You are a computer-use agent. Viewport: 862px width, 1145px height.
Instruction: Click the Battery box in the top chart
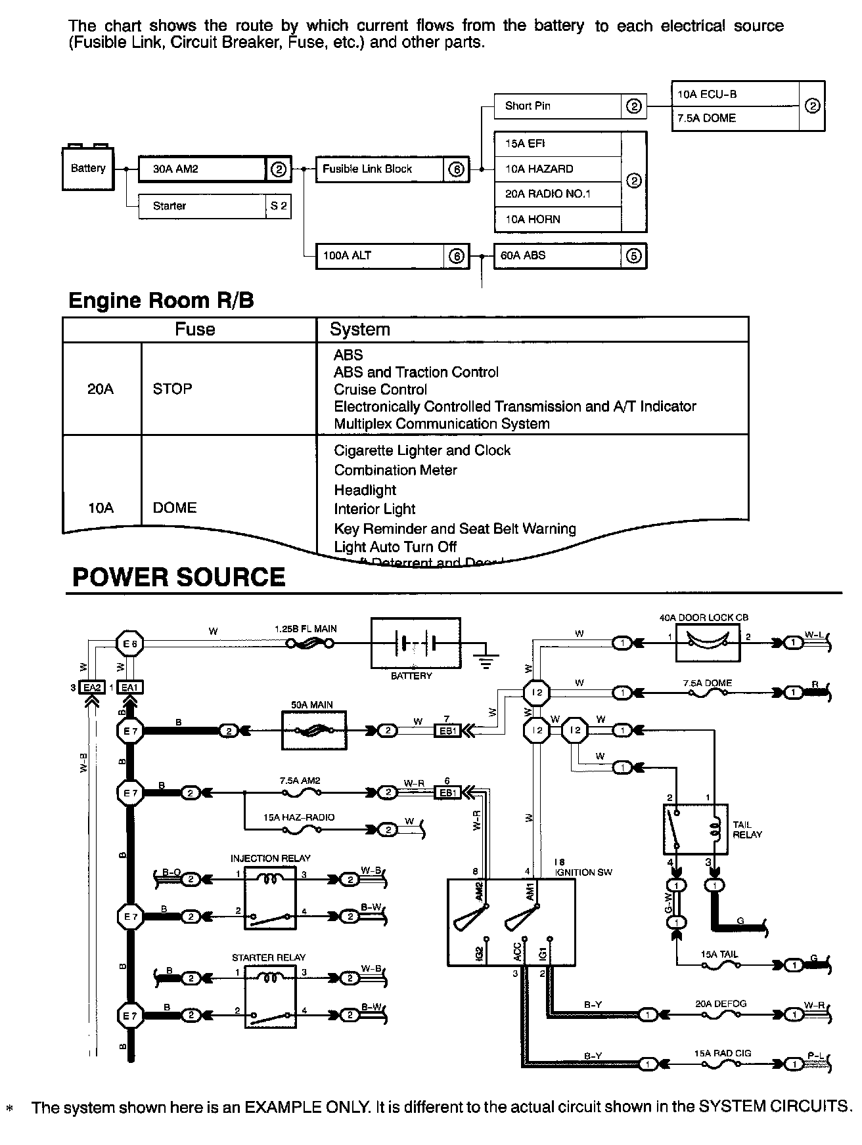(x=88, y=169)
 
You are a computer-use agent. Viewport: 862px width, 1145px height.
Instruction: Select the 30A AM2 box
(x=202, y=169)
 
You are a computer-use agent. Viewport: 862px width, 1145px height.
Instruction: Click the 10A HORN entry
(x=557, y=219)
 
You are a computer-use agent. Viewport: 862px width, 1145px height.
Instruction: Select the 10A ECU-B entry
(x=735, y=94)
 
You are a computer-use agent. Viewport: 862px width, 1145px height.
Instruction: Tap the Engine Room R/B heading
(x=161, y=301)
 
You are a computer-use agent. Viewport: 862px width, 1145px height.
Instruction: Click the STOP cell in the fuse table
(x=173, y=389)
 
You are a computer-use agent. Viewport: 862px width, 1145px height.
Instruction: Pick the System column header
(x=360, y=330)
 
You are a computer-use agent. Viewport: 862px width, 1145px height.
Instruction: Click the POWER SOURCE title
(x=179, y=577)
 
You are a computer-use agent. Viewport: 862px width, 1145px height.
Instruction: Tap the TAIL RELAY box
(x=695, y=829)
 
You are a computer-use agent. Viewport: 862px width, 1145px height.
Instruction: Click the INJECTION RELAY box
(x=270, y=897)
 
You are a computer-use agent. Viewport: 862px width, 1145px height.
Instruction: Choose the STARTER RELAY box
(x=270, y=996)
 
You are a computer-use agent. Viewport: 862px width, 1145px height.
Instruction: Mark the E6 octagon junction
(x=129, y=644)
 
